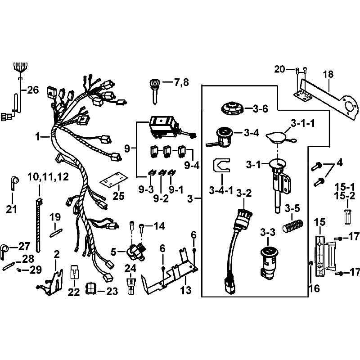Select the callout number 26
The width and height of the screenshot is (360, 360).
click(33, 90)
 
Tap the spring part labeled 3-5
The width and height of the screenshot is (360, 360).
click(292, 226)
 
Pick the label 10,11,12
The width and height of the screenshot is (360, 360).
click(48, 177)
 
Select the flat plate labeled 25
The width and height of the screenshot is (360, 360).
click(114, 179)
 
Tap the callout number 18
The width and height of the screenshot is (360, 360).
click(328, 74)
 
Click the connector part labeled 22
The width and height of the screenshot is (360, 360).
click(74, 272)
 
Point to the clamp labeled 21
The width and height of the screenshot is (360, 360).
click(14, 183)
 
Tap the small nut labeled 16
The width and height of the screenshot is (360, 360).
click(310, 263)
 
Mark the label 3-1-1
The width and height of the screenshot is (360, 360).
click(303, 123)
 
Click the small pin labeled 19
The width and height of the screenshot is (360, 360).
click(56, 233)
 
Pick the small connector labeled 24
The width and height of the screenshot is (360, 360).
click(131, 286)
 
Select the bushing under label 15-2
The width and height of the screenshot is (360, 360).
click(348, 216)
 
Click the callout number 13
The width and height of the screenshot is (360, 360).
click(186, 290)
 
